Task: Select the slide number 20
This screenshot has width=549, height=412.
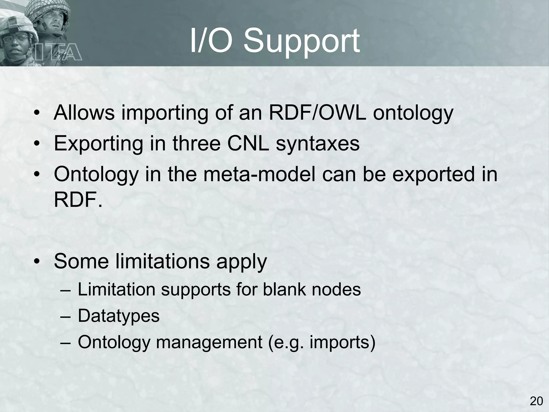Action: pos(536,401)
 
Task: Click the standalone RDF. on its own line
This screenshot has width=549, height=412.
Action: pos(78,200)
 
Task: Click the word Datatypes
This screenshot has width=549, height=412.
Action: pos(118,316)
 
